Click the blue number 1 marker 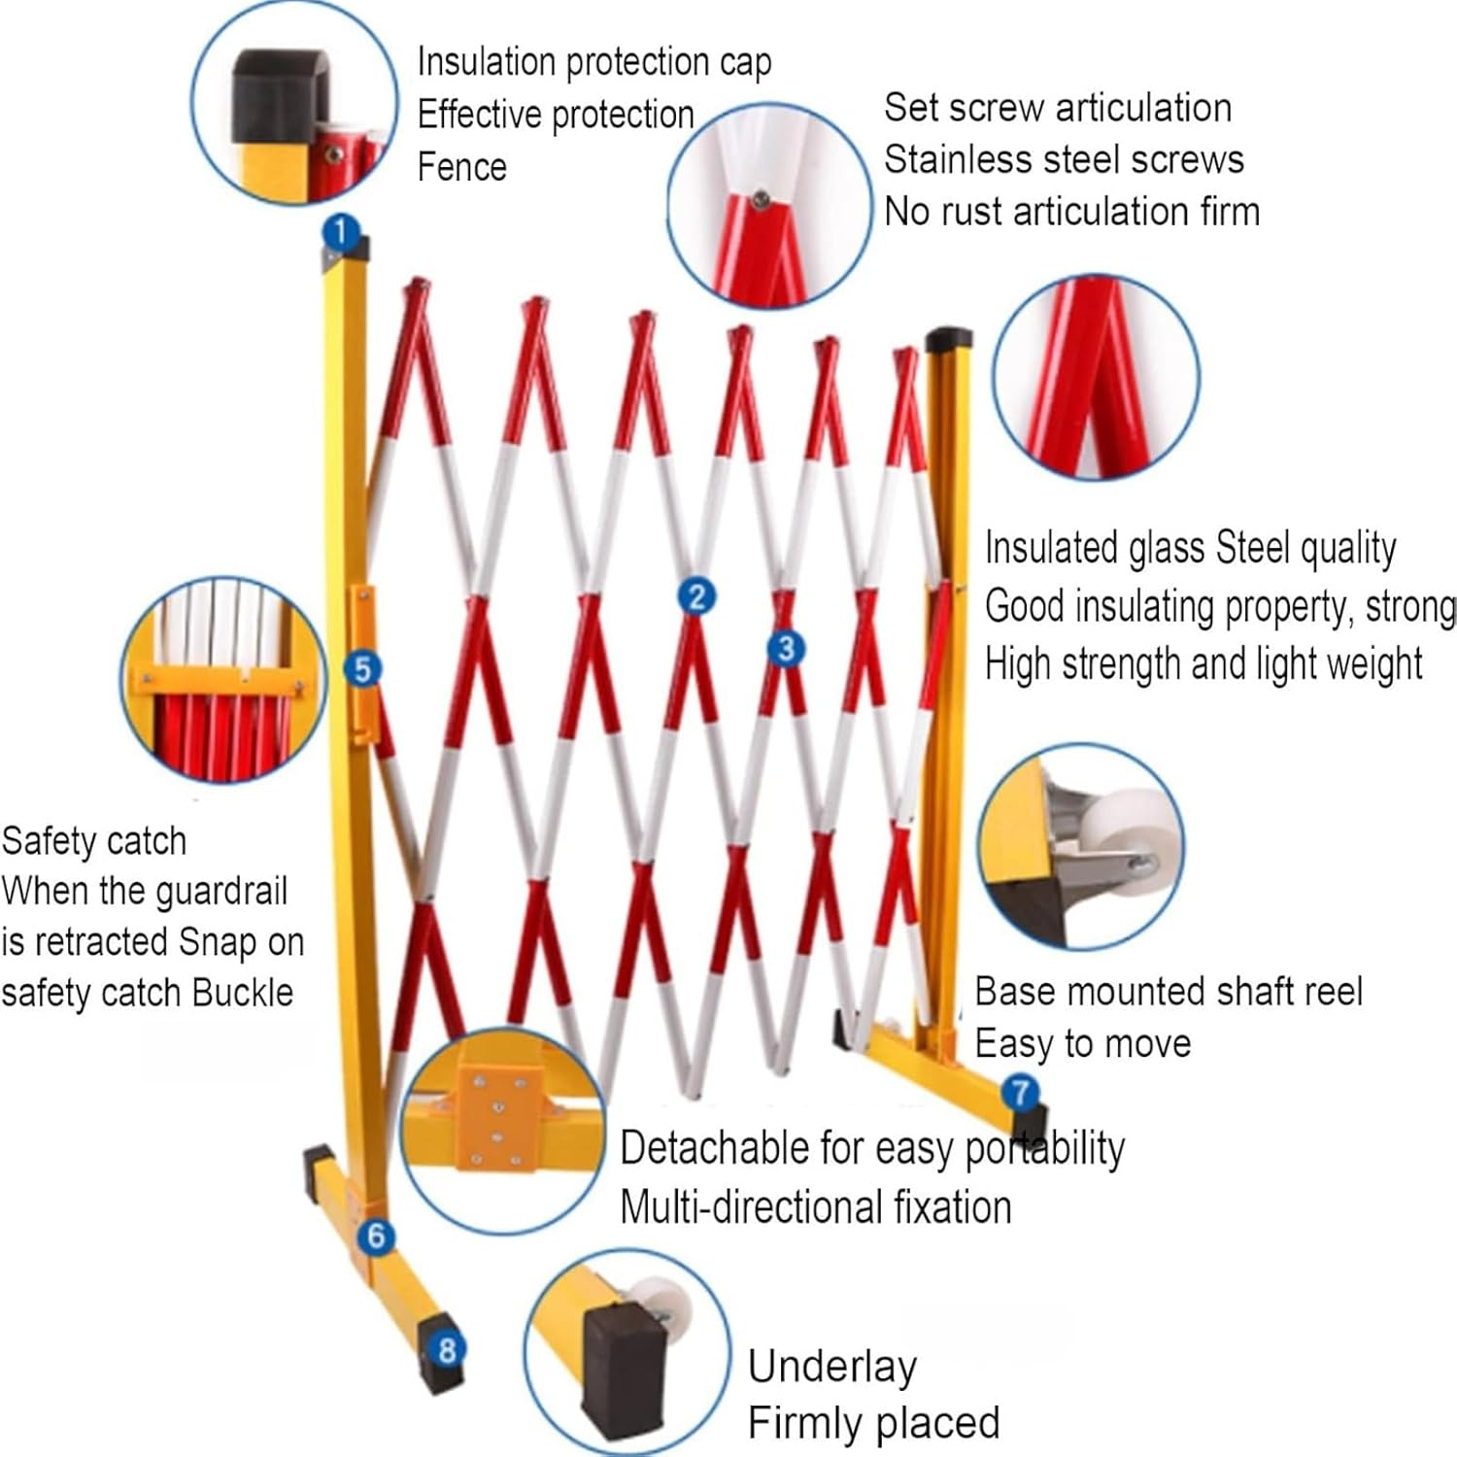tap(340, 232)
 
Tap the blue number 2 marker tap(696, 596)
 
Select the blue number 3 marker tap(786, 648)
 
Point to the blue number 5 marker tap(362, 668)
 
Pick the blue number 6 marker tap(376, 1237)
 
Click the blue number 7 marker tap(1020, 1093)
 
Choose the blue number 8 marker tap(447, 1349)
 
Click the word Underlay tap(831, 1368)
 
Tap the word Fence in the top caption tap(461, 167)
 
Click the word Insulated tap(1052, 549)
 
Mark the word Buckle tap(242, 993)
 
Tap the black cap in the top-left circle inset tap(279, 95)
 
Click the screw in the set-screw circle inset tap(762, 201)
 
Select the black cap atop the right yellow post tap(949, 340)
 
